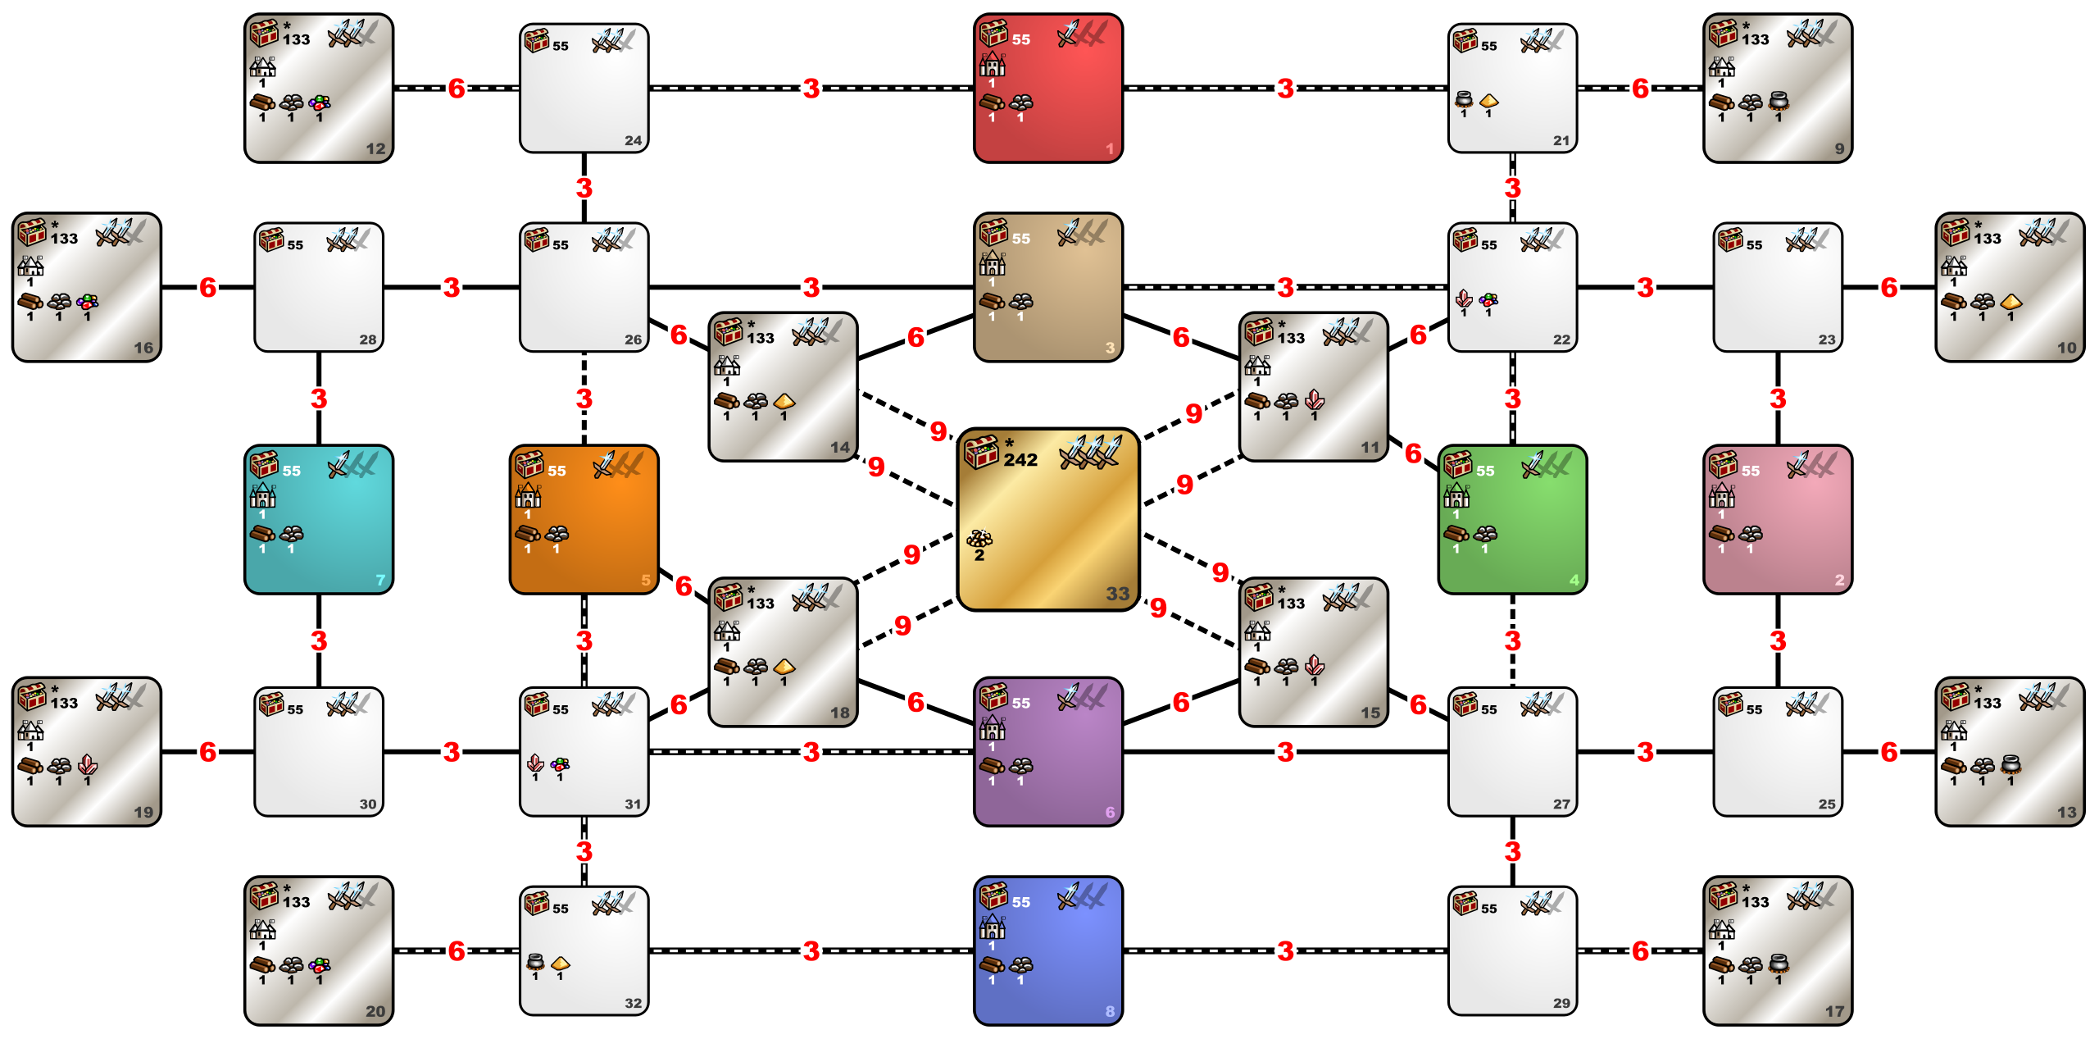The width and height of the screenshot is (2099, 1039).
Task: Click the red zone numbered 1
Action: (1047, 88)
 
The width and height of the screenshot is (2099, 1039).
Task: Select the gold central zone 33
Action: (1047, 519)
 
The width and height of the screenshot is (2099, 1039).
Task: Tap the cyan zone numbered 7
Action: (319, 519)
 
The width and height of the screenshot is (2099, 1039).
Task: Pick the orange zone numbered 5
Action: (584, 519)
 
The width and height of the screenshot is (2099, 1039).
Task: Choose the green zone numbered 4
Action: (1512, 519)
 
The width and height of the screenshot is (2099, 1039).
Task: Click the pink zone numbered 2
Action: (1778, 519)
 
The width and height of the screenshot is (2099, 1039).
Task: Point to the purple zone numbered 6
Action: (1047, 751)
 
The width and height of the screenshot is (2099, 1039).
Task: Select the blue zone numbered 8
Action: (1047, 950)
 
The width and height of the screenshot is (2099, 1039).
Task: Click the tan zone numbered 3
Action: (1047, 287)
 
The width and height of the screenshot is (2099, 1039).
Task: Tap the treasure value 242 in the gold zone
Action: (1020, 460)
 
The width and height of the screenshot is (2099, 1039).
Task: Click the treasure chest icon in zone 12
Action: (264, 34)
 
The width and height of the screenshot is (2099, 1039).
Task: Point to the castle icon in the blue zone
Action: (992, 927)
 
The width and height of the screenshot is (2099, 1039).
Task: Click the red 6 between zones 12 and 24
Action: (457, 88)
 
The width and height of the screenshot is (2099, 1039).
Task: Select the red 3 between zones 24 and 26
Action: (584, 188)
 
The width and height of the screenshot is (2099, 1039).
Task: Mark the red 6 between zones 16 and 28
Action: (208, 287)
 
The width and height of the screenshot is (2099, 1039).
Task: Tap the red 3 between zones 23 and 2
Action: (1778, 399)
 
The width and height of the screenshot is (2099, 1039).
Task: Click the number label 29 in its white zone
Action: (1561, 1003)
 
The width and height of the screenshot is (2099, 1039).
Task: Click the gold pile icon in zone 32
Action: (561, 963)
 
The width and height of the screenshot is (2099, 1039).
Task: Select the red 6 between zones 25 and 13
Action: (1889, 751)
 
